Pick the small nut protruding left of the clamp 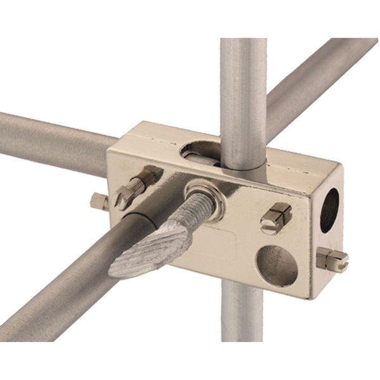pyautogui.click(x=98, y=201)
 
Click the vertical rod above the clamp pyautogui.click(x=244, y=95)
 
